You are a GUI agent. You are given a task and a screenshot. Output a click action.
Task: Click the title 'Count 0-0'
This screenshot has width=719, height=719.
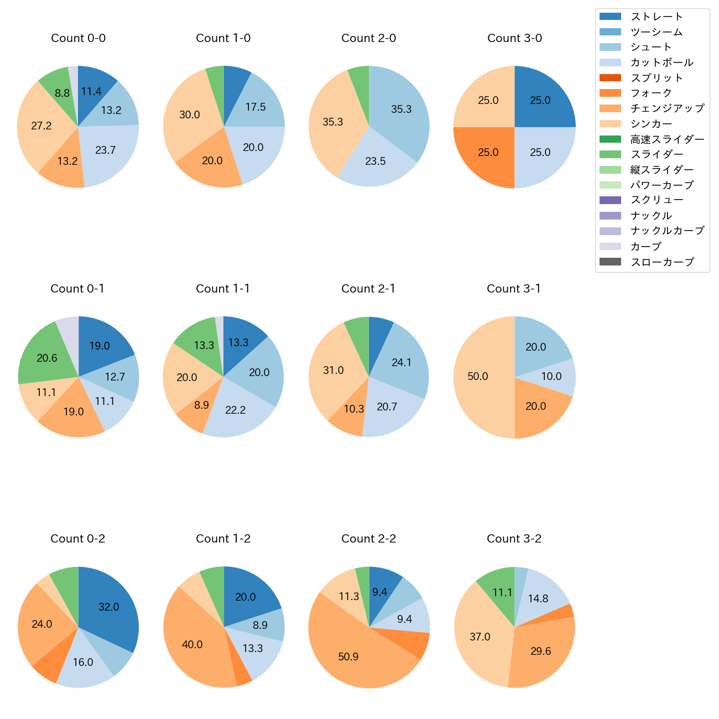pos(78,38)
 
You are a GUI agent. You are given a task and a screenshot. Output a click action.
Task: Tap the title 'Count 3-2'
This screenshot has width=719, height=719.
pos(514,539)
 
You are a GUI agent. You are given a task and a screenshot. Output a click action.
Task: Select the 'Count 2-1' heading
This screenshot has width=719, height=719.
pos(368,289)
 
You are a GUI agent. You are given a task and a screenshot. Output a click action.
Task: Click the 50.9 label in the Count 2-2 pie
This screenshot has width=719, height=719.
pos(348,657)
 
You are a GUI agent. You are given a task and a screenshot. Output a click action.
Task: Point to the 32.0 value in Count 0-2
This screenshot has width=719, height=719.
pos(109,607)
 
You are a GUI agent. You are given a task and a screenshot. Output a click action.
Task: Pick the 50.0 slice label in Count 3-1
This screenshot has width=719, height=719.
pos(478,376)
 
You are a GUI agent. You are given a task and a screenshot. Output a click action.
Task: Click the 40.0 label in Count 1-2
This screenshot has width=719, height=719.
pos(192,644)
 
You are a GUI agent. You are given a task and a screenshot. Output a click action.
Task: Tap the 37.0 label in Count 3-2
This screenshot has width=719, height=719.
pos(480,637)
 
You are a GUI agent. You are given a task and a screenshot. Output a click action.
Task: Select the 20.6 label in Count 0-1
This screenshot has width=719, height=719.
pos(47,358)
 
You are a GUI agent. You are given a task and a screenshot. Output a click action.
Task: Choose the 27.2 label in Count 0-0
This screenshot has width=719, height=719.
pos(41,126)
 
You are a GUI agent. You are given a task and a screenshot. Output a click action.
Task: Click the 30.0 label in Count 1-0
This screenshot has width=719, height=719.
pos(190,114)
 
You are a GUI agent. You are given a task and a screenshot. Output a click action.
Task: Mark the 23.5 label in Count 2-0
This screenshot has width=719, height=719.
pos(376,161)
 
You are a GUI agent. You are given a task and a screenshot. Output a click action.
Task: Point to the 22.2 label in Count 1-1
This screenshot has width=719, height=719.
pos(236,410)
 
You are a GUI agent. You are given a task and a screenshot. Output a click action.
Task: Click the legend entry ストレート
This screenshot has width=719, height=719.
pos(657,17)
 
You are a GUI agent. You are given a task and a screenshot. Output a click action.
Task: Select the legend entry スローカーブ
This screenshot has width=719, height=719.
pos(662,262)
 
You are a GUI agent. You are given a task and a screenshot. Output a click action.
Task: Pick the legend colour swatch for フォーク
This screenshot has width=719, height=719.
pos(610,93)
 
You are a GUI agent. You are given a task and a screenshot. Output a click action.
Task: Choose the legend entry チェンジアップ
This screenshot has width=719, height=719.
pos(668,108)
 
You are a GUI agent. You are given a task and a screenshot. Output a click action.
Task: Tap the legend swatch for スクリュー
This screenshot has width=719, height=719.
pos(610,200)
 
